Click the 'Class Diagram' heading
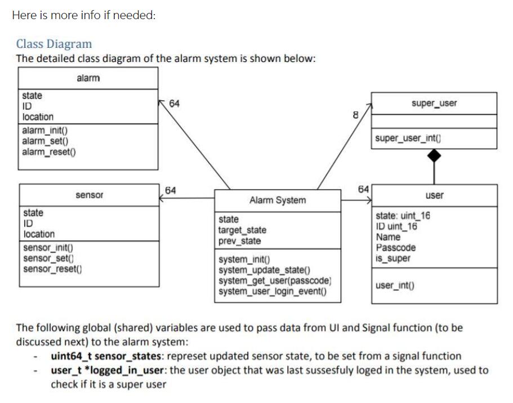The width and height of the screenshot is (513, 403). [x=54, y=44]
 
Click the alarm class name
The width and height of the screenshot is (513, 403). [x=88, y=78]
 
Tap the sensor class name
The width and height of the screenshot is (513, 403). [x=89, y=195]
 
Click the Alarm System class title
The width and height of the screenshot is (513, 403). [x=278, y=200]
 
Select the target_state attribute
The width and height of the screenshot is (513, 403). [x=242, y=230]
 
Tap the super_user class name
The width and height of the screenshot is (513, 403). [x=434, y=103]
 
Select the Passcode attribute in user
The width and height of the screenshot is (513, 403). [x=395, y=248]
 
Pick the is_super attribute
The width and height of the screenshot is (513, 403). [x=393, y=258]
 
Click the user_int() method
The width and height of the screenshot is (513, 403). [x=395, y=285]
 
